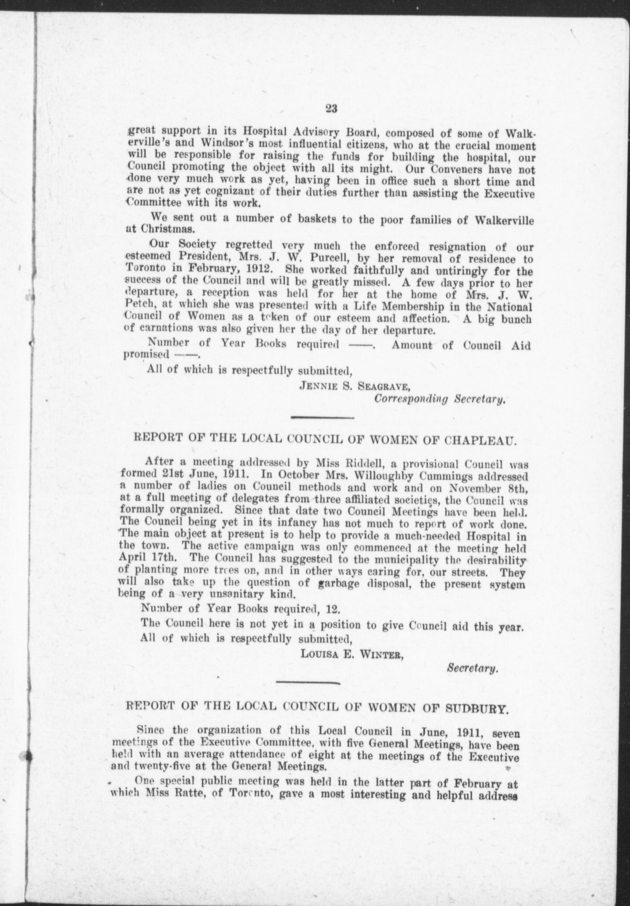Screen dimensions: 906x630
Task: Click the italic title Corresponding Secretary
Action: point(440,399)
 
